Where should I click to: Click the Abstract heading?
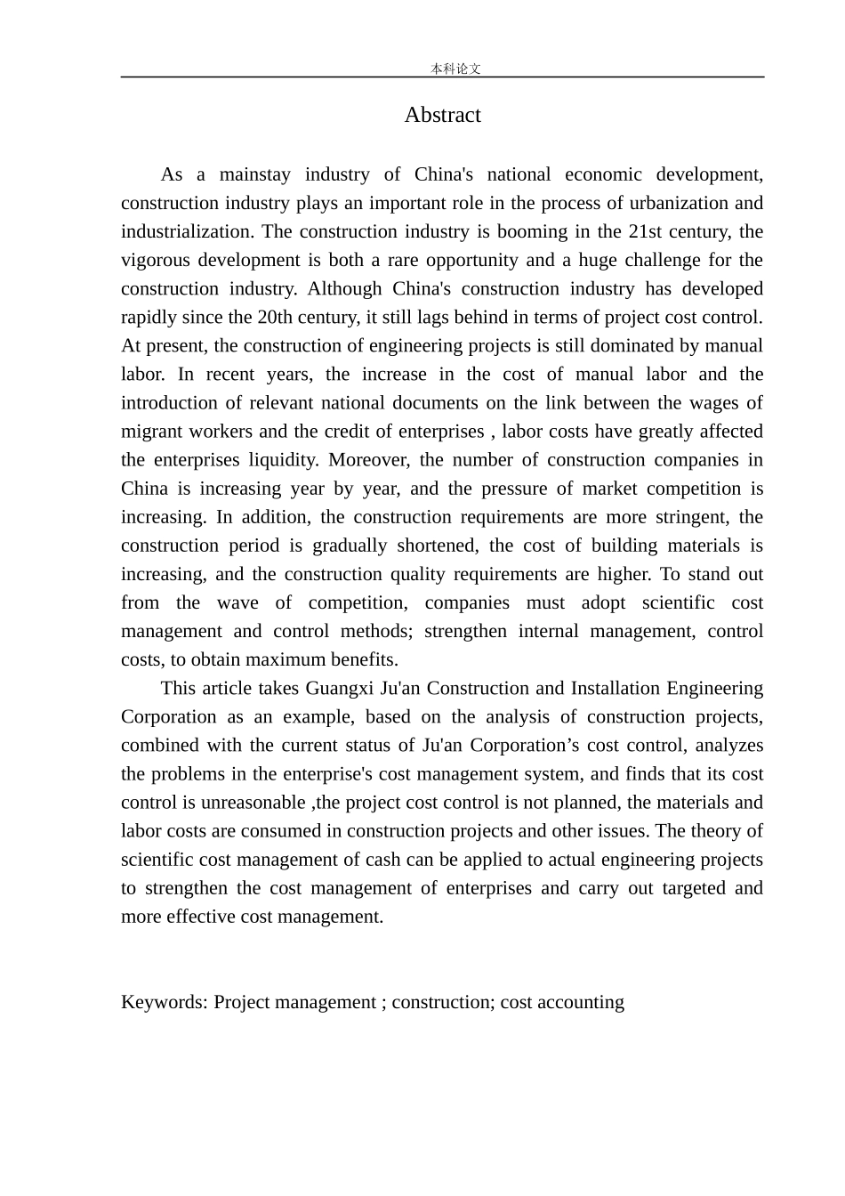[442, 115]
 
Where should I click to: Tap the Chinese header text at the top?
[455, 69]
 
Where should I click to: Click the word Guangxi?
[341, 689]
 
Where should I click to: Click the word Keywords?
[165, 1002]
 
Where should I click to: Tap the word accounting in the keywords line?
[582, 1002]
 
